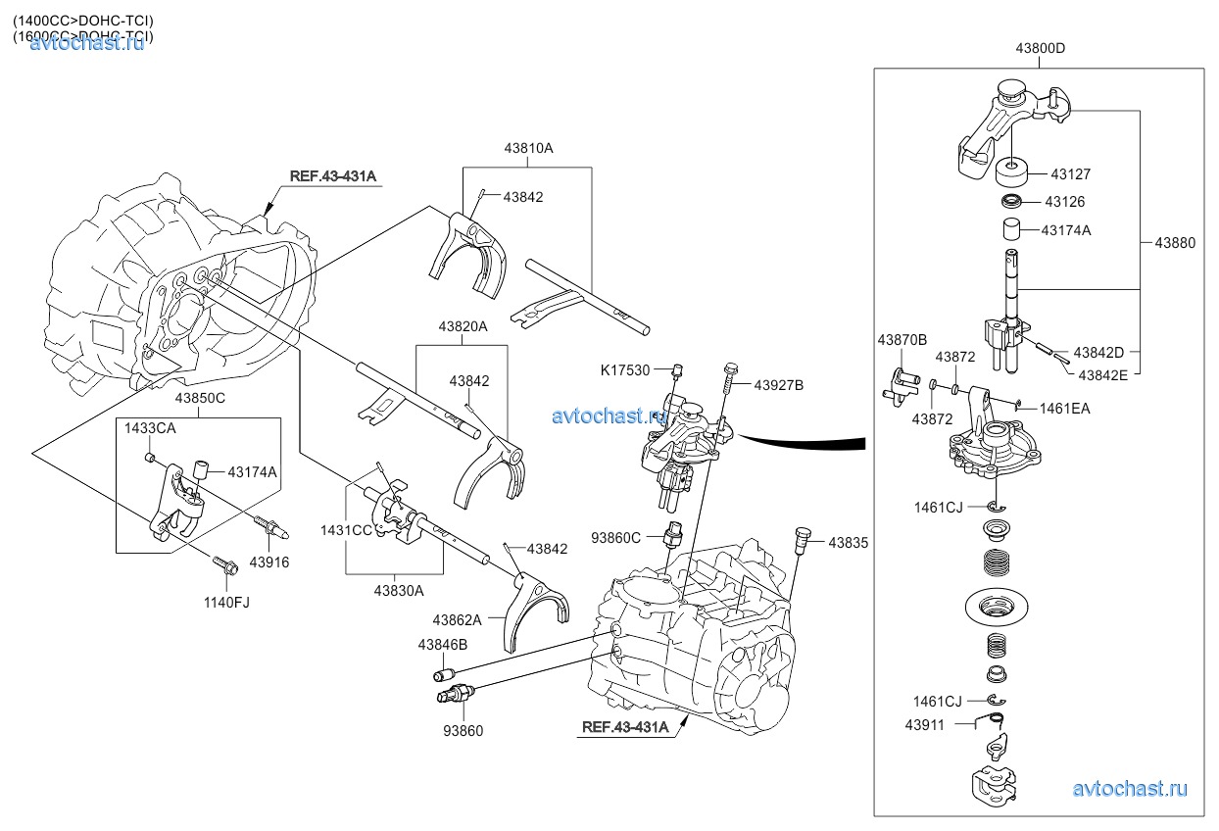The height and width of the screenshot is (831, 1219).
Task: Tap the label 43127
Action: point(1071,173)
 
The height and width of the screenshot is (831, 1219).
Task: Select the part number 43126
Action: point(1065,202)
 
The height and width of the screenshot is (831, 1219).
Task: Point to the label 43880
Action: point(1174,242)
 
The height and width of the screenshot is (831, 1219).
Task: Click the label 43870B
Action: point(902,340)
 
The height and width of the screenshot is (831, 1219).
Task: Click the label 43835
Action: point(849,542)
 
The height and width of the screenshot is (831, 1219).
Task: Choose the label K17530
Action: point(625,369)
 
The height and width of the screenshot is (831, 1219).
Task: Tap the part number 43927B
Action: point(779,385)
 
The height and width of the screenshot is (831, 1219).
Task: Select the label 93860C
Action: point(616,537)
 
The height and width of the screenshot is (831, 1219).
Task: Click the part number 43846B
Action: point(443,645)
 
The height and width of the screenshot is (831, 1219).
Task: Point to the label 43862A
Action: point(458,619)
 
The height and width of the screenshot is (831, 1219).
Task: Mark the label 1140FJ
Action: point(226,602)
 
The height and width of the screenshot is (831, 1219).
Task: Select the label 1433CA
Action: point(149,428)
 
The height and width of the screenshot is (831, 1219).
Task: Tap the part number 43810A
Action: point(528,148)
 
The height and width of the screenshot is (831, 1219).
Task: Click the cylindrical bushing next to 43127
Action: point(1012,174)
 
